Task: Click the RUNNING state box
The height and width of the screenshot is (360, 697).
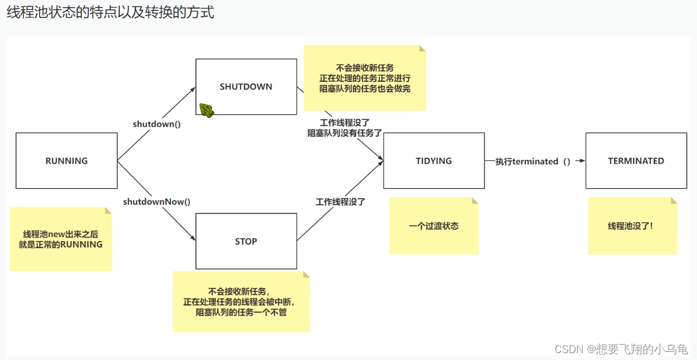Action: click(x=66, y=161)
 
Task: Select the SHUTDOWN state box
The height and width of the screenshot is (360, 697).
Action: click(x=246, y=87)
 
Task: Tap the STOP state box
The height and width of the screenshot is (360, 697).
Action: click(x=246, y=241)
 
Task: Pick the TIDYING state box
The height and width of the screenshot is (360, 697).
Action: click(x=434, y=161)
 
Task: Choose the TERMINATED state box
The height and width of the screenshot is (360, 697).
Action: click(x=636, y=161)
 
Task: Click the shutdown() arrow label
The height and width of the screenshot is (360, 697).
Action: click(x=157, y=124)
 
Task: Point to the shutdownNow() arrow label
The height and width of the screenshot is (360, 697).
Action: click(x=157, y=202)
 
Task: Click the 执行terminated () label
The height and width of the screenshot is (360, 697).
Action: click(x=533, y=162)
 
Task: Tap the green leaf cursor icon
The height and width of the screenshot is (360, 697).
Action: click(x=206, y=110)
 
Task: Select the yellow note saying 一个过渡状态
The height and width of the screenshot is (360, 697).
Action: click(x=434, y=226)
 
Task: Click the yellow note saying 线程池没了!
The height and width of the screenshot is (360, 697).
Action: click(x=632, y=226)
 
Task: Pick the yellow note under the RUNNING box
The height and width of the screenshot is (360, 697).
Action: click(x=61, y=239)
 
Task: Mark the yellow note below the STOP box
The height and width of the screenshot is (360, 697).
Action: click(x=241, y=302)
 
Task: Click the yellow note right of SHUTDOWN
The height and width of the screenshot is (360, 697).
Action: click(x=364, y=78)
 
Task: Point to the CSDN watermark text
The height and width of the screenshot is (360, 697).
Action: click(x=621, y=349)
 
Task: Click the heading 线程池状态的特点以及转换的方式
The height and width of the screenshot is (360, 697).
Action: click(x=110, y=13)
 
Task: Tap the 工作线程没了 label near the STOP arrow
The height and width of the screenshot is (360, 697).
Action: click(x=340, y=202)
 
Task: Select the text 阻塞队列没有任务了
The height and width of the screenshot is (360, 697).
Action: click(x=345, y=133)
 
